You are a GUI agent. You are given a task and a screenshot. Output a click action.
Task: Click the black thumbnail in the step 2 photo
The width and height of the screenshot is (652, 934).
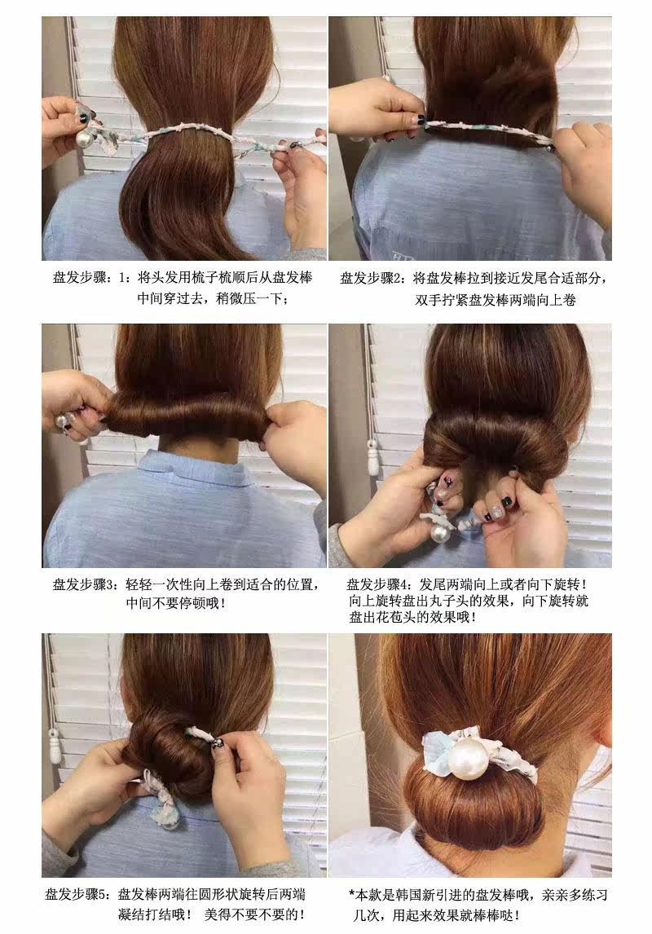click(x=421, y=120)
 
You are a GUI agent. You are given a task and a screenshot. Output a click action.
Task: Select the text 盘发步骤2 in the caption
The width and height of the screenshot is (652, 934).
click(x=372, y=278)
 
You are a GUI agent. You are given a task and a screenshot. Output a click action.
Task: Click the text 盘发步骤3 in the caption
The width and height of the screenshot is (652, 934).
click(x=85, y=584)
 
